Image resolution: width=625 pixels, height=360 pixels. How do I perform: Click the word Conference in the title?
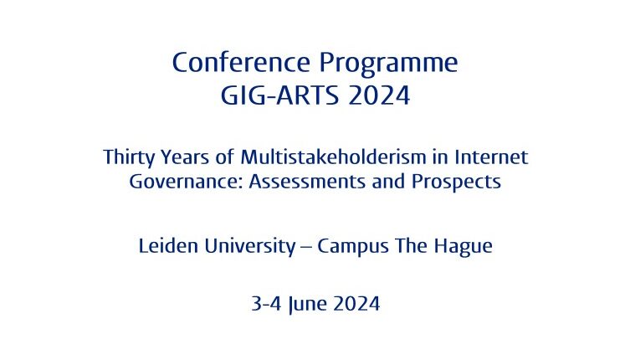click(x=241, y=62)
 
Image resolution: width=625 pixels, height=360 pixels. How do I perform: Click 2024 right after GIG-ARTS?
click(x=379, y=95)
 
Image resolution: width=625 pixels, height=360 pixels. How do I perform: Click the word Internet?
click(x=491, y=157)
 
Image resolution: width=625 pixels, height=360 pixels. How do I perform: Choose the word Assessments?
click(x=307, y=182)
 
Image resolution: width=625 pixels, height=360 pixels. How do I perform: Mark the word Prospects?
click(x=456, y=183)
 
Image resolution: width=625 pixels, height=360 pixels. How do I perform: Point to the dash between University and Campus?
click(x=306, y=248)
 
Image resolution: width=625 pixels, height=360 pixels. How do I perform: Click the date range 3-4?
click(x=266, y=304)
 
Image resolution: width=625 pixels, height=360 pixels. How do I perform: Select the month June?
click(x=307, y=305)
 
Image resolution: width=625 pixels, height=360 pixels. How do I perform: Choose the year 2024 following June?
click(x=356, y=304)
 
